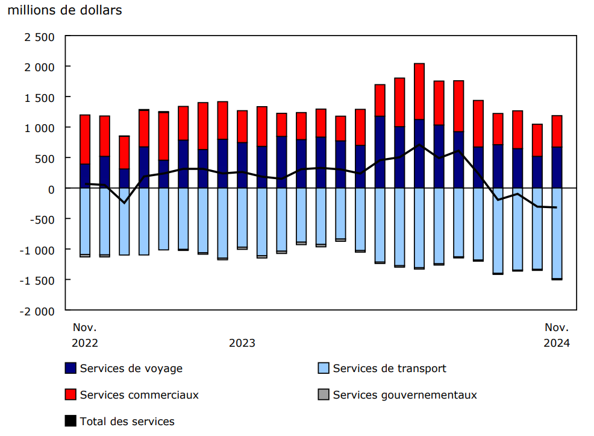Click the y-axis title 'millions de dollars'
pyautogui.click(x=64, y=10)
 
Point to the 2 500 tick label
pyautogui.click(x=39, y=36)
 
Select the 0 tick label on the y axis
pyautogui.click(x=51, y=189)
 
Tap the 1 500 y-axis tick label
pyautogui.click(x=39, y=97)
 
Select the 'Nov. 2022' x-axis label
pyautogui.click(x=85, y=335)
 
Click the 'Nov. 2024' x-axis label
pyautogui.click(x=557, y=335)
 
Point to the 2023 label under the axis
pyautogui.click(x=242, y=343)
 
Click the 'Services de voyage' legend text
pyautogui.click(x=131, y=368)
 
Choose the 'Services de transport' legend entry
pyautogui.click(x=389, y=368)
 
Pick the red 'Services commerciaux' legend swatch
pyautogui.click(x=70, y=395)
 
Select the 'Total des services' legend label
pyautogui.click(x=127, y=422)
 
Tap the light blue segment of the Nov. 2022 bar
pyautogui.click(x=85, y=221)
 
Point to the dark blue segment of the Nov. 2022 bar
pyautogui.click(x=85, y=176)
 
